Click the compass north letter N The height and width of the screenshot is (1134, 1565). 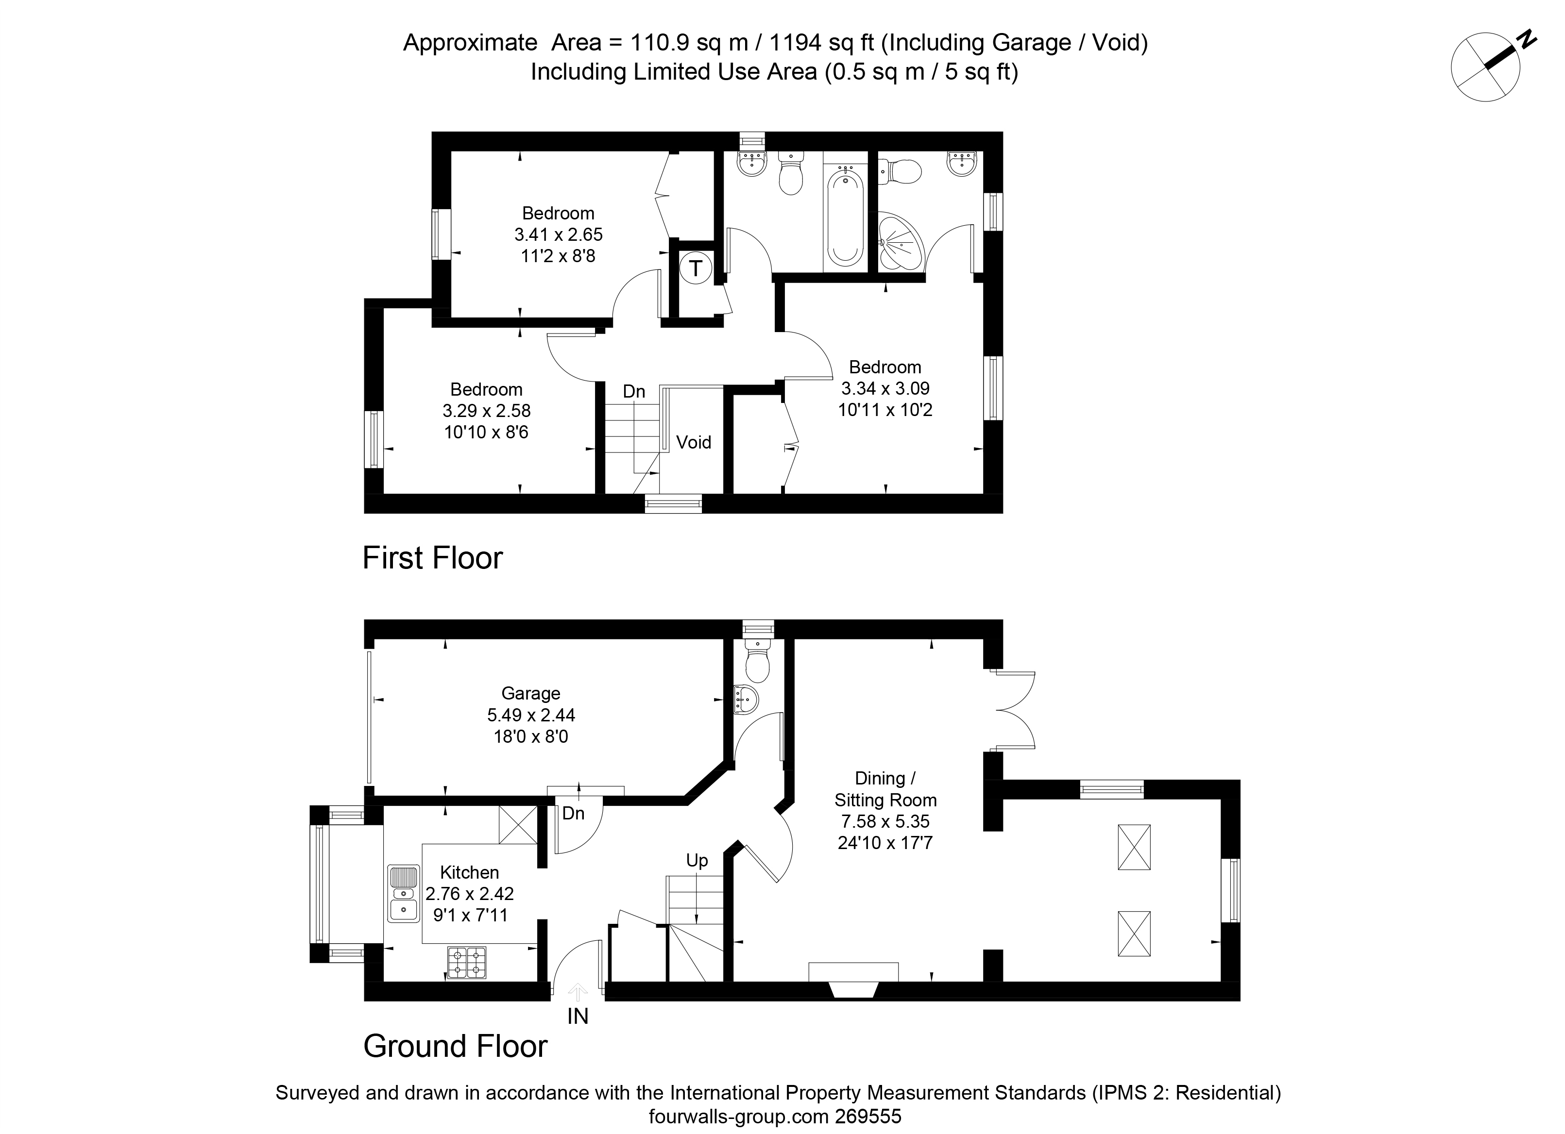(1524, 39)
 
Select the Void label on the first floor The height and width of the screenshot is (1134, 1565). (694, 442)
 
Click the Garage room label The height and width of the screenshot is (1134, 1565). (530, 693)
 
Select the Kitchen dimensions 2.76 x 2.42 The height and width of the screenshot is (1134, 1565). (470, 894)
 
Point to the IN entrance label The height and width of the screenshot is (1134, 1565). (578, 1016)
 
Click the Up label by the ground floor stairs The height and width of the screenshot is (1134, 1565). (697, 861)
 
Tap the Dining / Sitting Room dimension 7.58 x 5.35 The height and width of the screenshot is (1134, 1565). (885, 821)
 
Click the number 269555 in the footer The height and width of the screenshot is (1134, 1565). (868, 1117)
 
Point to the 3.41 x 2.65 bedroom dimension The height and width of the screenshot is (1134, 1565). (558, 234)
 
